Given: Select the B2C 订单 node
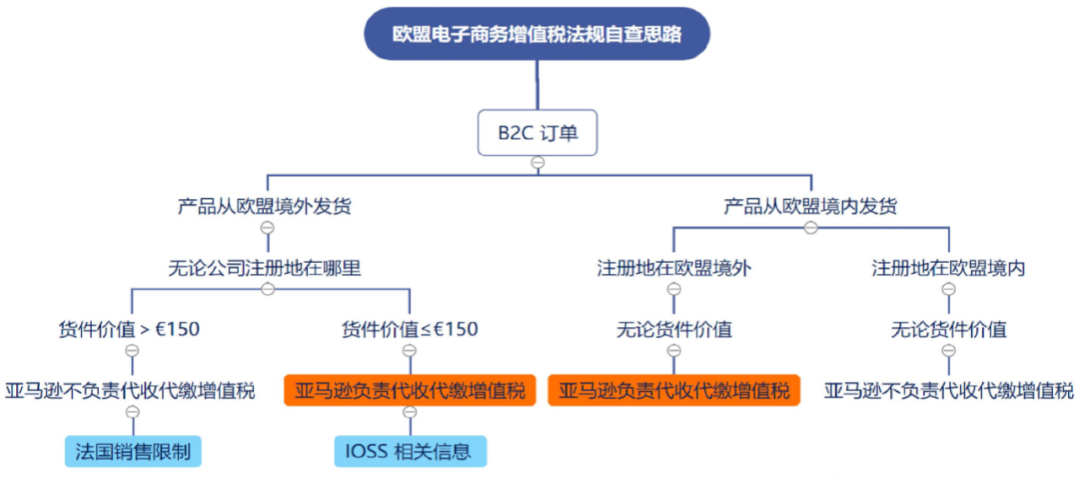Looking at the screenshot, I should [x=538, y=133].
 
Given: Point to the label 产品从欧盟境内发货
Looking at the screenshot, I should [x=810, y=207].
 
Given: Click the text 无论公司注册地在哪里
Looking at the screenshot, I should [x=265, y=267].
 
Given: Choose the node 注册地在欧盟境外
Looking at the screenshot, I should [x=673, y=268].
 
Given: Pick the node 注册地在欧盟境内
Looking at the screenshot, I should [x=948, y=268].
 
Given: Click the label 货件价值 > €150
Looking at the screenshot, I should [x=131, y=329].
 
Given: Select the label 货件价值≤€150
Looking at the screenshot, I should [x=410, y=329].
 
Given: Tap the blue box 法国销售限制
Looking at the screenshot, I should [x=133, y=451].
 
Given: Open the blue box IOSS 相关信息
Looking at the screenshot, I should [x=410, y=451].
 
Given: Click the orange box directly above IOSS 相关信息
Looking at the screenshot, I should [x=410, y=390].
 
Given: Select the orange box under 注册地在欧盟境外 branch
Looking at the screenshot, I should [x=674, y=390].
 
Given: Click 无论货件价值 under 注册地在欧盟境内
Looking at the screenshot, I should [x=948, y=329].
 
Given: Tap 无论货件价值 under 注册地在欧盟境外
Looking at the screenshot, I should [x=673, y=329].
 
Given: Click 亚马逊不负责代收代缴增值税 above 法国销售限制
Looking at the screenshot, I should [x=131, y=390].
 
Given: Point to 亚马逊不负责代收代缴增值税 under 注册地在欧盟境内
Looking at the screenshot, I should [x=948, y=390].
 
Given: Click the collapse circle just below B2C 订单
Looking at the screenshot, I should [x=538, y=162].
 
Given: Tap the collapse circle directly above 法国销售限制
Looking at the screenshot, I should [x=132, y=412].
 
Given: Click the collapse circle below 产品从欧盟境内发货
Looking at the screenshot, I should [x=810, y=227].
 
